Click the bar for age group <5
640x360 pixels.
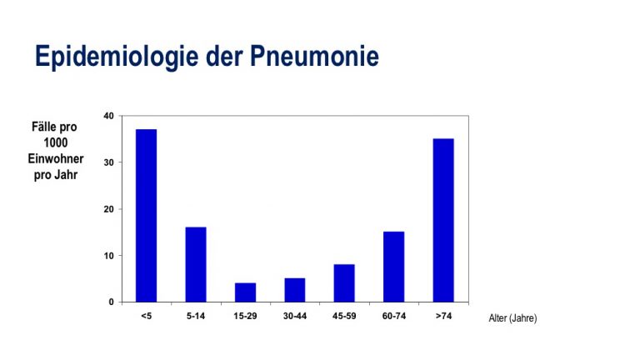pos(146,216)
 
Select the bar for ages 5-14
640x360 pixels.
pos(196,264)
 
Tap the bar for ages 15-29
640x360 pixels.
pos(245,292)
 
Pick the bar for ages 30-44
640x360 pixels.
pos(295,290)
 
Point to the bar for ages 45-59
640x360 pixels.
pos(344,283)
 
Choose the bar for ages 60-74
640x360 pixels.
pos(394,267)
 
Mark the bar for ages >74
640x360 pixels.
pos(443,220)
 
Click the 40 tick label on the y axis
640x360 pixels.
pos(108,116)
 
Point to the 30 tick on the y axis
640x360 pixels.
pos(108,162)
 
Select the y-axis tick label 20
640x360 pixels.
pos(108,209)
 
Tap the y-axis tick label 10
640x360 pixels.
pos(108,256)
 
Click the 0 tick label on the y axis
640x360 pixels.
pos(111,302)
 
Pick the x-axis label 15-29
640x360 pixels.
pos(245,316)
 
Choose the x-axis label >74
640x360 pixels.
pos(443,316)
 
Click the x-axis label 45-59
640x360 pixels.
pos(344,316)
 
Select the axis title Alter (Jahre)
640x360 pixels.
pos(512,318)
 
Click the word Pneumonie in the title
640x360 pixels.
pos(314,56)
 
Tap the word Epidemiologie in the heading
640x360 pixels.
pos(117,57)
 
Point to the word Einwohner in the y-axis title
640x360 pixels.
pos(56,158)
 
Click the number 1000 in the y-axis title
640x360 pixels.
pos(56,142)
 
